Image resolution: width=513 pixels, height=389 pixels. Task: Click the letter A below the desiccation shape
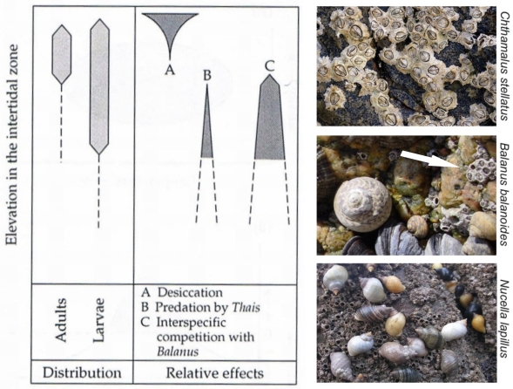(170, 69)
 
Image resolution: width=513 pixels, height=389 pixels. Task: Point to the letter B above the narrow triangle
(207, 76)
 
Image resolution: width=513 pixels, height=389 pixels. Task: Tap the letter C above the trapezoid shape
(270, 66)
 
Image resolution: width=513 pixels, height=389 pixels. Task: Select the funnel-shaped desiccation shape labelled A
(170, 30)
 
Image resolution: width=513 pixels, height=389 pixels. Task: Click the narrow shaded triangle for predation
(206, 131)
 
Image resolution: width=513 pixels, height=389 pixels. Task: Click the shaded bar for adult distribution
(62, 54)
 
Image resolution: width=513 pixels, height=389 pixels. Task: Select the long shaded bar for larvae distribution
(99, 86)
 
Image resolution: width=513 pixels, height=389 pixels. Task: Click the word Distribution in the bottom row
(82, 372)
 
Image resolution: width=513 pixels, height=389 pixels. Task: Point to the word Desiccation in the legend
(190, 292)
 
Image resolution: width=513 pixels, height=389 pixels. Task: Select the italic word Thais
(246, 307)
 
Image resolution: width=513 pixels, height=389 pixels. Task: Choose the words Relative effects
(215, 373)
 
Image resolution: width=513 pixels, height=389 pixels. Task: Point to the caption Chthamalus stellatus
(504, 66)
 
